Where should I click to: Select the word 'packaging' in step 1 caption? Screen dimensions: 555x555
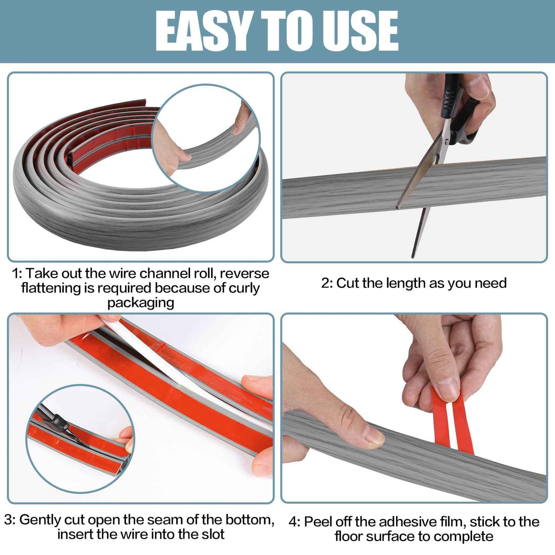(x=141, y=303)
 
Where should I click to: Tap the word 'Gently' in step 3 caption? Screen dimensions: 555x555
(x=41, y=520)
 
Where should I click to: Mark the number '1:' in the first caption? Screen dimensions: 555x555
(x=17, y=273)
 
